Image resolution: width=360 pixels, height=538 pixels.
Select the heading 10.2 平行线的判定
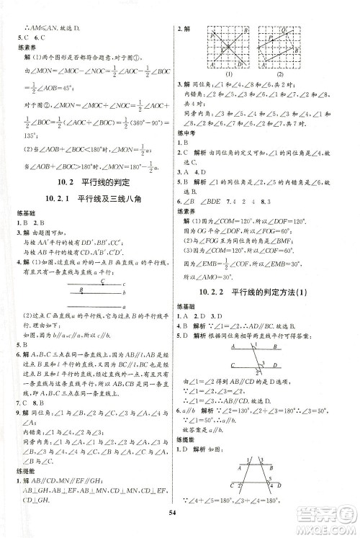pos(90,180)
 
